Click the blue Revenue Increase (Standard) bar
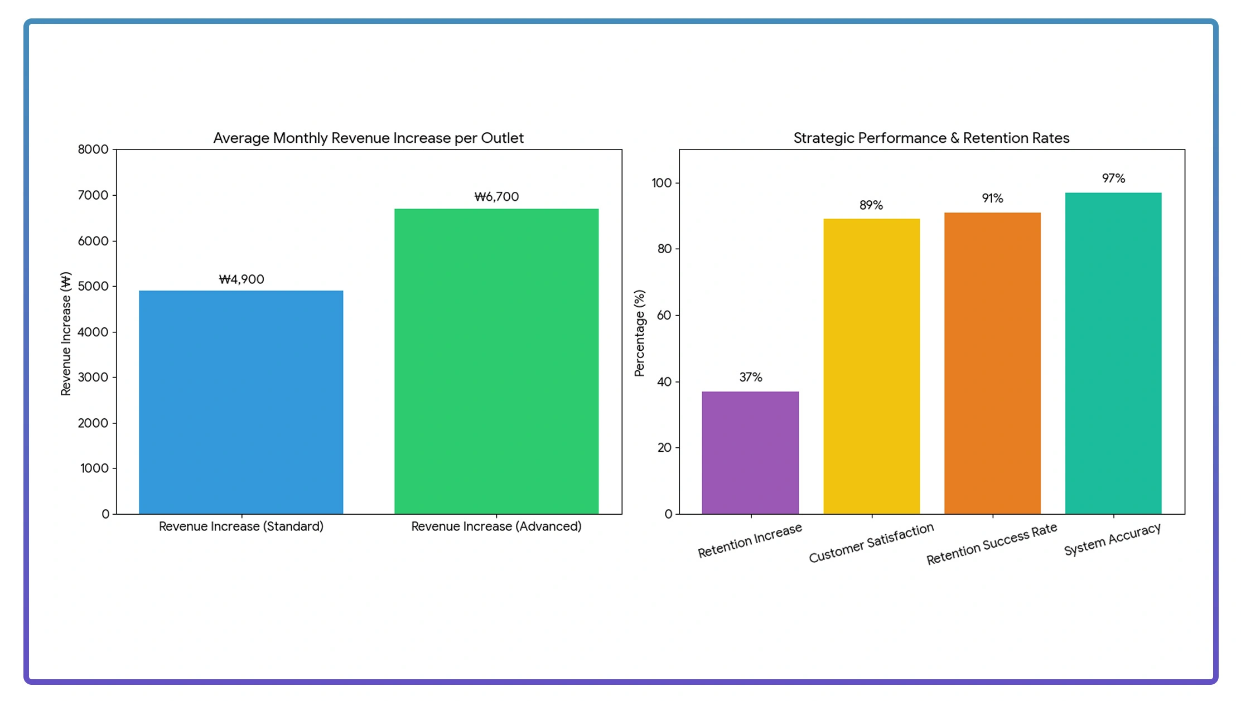point(241,402)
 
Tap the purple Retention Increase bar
point(750,452)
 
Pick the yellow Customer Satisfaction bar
point(871,366)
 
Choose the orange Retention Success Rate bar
point(992,363)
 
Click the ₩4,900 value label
point(242,279)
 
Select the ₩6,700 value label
point(496,197)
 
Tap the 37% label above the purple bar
point(751,378)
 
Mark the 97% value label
point(1113,178)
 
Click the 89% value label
point(871,205)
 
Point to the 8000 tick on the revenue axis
point(93,149)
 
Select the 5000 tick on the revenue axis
point(93,286)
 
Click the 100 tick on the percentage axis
point(661,183)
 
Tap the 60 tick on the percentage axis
point(664,315)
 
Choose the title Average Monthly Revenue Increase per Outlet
point(369,138)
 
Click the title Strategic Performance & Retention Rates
point(931,138)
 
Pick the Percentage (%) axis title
point(640,333)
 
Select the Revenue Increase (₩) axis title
point(66,333)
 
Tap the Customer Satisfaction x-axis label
point(871,543)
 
